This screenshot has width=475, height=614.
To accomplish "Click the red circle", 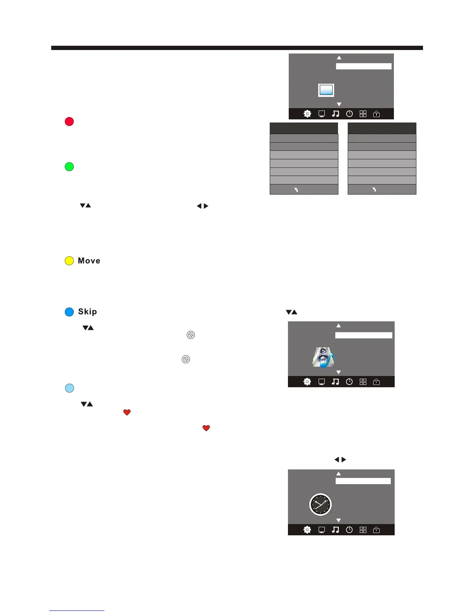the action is click(x=69, y=121).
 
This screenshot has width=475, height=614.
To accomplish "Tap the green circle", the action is click(x=69, y=167).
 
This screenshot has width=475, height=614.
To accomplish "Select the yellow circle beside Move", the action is click(x=69, y=261).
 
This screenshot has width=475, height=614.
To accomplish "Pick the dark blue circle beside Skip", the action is click(x=69, y=312).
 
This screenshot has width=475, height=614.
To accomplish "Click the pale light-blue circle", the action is click(x=69, y=388).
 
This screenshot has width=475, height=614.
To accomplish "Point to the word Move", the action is click(x=89, y=261).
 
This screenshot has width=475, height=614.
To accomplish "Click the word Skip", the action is click(x=87, y=312).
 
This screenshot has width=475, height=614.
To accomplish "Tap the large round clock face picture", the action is click(x=321, y=505).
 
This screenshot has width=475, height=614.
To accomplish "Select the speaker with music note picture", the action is click(x=323, y=357).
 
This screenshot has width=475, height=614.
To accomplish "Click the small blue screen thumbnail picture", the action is click(x=326, y=90).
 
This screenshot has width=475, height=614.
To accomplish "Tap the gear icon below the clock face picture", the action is click(x=307, y=530).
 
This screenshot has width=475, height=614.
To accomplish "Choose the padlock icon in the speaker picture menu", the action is click(x=376, y=382).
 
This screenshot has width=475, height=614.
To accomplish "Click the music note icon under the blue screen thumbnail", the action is click(x=335, y=114).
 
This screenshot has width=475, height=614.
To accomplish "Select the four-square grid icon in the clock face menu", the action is click(x=363, y=530).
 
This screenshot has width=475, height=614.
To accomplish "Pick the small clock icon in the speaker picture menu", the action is click(x=349, y=382).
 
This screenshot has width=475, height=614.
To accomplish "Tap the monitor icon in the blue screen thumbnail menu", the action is click(x=321, y=114).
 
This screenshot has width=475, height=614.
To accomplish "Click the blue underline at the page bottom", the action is click(x=77, y=611).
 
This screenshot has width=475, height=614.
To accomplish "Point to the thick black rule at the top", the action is click(x=237, y=48).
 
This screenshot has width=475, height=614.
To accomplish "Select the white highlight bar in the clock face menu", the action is click(x=363, y=481).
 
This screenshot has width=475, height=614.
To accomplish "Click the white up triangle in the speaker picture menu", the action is click(x=338, y=326).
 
